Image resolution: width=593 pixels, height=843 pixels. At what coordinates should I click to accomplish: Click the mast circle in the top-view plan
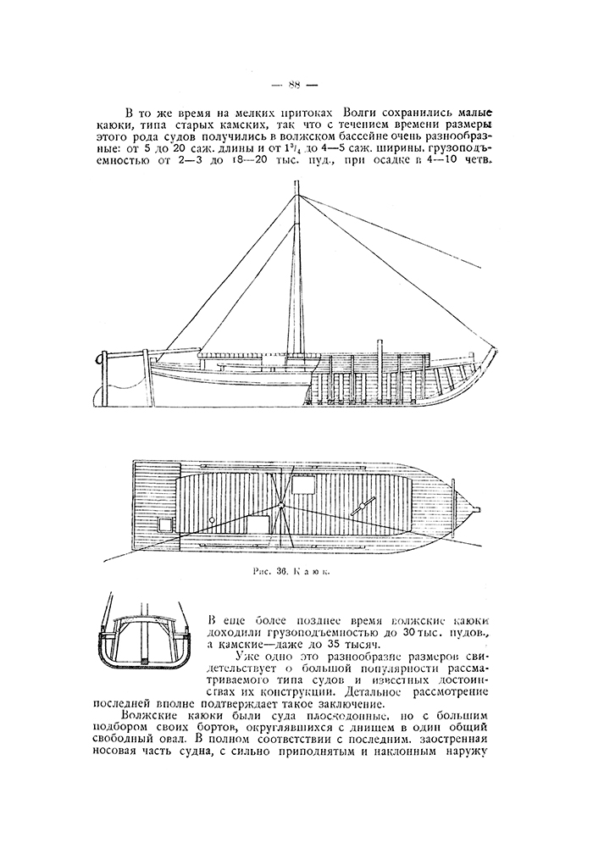pos(281,507)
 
